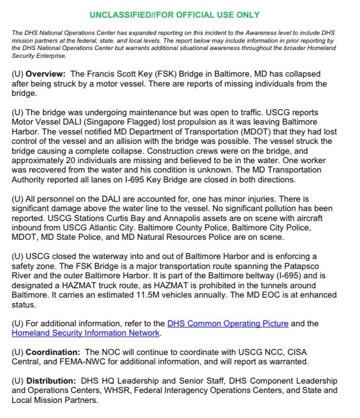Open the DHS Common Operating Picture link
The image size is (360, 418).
coord(228,324)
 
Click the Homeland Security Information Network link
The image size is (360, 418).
coord(85,333)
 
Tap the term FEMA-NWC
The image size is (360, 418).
coord(75,362)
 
